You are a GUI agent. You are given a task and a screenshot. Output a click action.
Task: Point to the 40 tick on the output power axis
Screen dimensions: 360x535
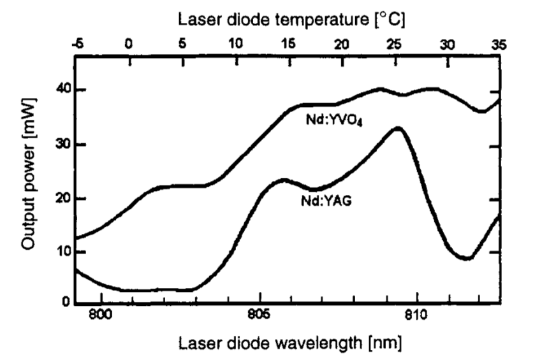pyautogui.click(x=61, y=90)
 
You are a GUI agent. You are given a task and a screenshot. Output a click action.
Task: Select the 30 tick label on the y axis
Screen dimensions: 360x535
pyautogui.click(x=61, y=145)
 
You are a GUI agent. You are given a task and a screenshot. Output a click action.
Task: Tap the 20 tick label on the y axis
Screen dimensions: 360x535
pyautogui.click(x=61, y=198)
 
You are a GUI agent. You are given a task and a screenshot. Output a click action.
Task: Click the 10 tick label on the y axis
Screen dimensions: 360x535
pyautogui.click(x=61, y=252)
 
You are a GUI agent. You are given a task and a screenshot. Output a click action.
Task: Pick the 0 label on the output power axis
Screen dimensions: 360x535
pyautogui.click(x=66, y=303)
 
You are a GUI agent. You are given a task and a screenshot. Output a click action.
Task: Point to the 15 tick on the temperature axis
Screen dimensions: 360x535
pyautogui.click(x=288, y=44)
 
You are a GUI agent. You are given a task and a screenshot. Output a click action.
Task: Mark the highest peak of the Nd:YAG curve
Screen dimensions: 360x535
pyautogui.click(x=398, y=128)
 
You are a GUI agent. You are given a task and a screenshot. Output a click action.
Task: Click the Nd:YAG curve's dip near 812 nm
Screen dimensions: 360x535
pyautogui.click(x=467, y=258)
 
